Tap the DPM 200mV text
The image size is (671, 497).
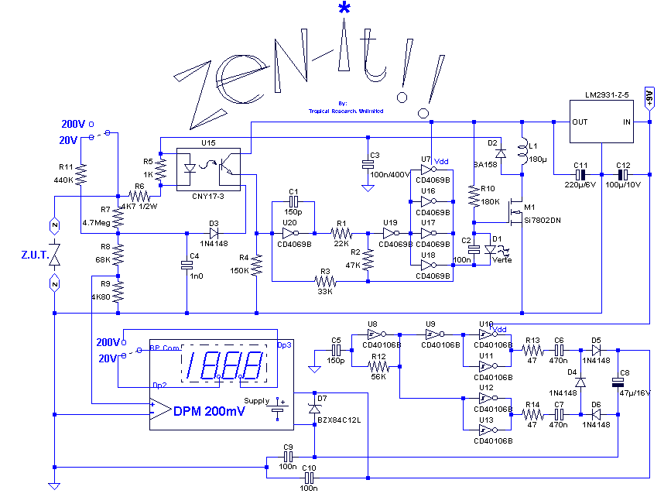pyautogui.click(x=209, y=412)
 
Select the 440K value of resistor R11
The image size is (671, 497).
pyautogui.click(x=63, y=180)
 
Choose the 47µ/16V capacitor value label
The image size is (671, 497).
pyautogui.click(x=638, y=393)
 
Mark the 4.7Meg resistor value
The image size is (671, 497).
pyautogui.click(x=96, y=222)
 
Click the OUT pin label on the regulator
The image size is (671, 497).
pyautogui.click(x=580, y=122)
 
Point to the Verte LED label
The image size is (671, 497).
pyautogui.click(x=502, y=260)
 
